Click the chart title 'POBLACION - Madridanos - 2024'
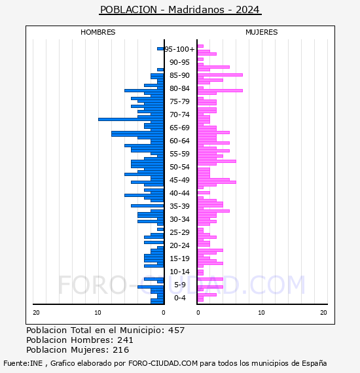(180, 10)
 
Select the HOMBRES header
(98, 32)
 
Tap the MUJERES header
(262, 32)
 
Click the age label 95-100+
(179, 49)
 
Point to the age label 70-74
(179, 115)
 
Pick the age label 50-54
(179, 167)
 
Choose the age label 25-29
(179, 232)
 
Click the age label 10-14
(179, 272)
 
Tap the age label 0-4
(179, 298)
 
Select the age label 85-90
(179, 75)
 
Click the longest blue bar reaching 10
(131, 119)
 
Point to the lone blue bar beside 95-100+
(160, 49)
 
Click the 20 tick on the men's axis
(36, 313)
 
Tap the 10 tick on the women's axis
(261, 313)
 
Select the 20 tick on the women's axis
(323, 313)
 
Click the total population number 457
(176, 330)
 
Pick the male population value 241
(125, 340)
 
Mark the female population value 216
(121, 349)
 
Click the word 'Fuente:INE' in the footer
(23, 363)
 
